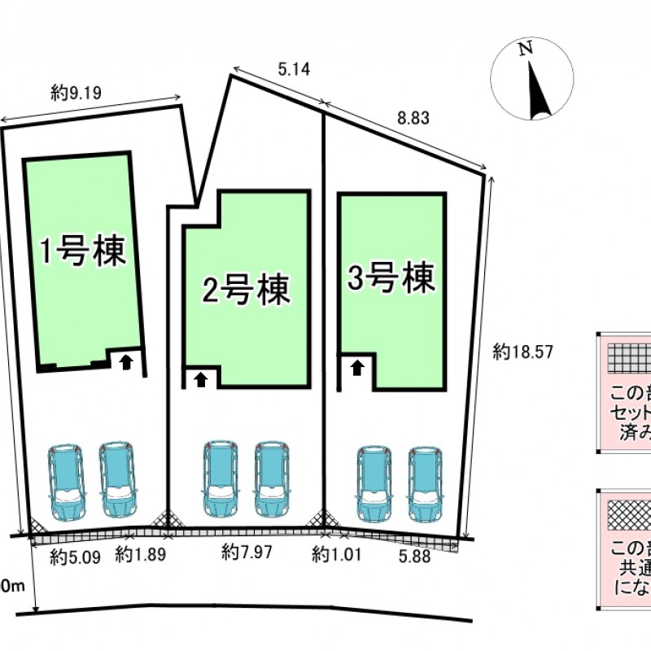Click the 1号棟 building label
(x=85, y=251)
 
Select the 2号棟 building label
(x=246, y=288)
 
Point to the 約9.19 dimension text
(x=76, y=94)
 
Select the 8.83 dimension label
(x=413, y=118)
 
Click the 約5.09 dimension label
(x=74, y=557)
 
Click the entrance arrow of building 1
(x=126, y=361)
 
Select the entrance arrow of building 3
(x=356, y=367)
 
